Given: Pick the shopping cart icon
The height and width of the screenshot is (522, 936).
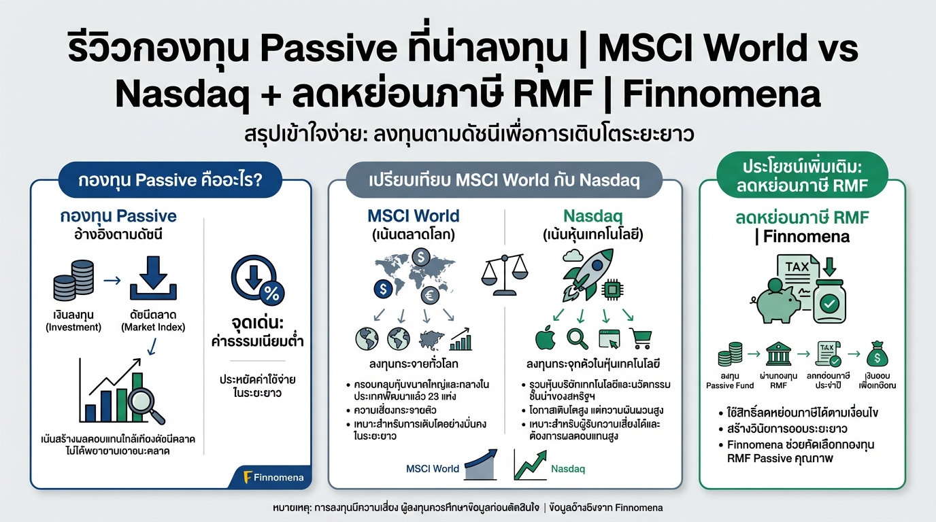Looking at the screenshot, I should [x=641, y=338].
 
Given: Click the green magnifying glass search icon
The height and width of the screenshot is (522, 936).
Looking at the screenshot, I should [x=577, y=338].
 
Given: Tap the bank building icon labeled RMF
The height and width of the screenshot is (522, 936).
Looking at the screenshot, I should [x=778, y=355].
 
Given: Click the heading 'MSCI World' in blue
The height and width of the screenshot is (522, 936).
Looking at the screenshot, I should [x=413, y=216].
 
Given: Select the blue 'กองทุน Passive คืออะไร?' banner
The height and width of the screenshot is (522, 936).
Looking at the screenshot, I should [x=171, y=181].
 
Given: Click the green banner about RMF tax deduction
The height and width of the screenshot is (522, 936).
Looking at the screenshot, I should [x=802, y=175].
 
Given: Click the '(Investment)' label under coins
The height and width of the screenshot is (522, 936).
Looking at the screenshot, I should [x=73, y=327].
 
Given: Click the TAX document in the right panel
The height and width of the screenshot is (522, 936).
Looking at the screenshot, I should [x=797, y=279].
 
